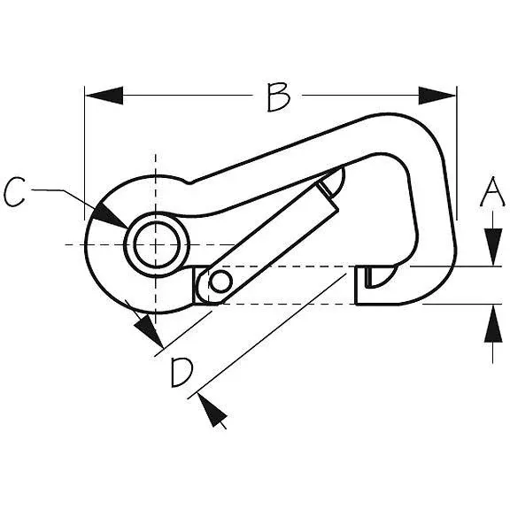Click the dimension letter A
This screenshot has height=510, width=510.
pos(493,192)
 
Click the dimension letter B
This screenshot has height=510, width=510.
pos(278,97)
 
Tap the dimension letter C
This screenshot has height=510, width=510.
pos(15,192)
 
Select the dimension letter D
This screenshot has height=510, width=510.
pos(182,373)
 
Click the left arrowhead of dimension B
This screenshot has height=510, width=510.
pos(104,96)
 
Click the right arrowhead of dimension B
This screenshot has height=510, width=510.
pos(437,96)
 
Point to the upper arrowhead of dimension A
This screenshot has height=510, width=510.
pos(493,247)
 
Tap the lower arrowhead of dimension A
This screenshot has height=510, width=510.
pos(493,323)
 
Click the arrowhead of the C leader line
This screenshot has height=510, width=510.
pos(109,215)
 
